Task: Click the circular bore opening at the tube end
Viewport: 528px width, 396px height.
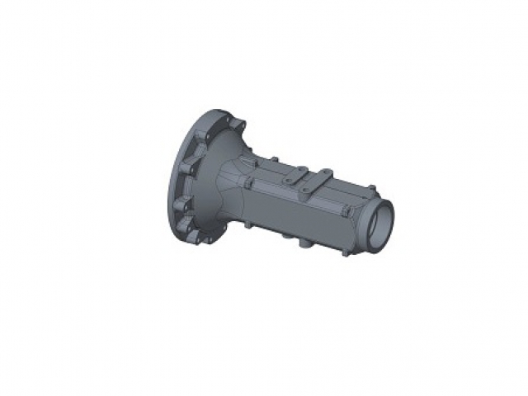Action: click(x=381, y=222)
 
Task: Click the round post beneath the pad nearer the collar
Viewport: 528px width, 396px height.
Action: click(x=307, y=191)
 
